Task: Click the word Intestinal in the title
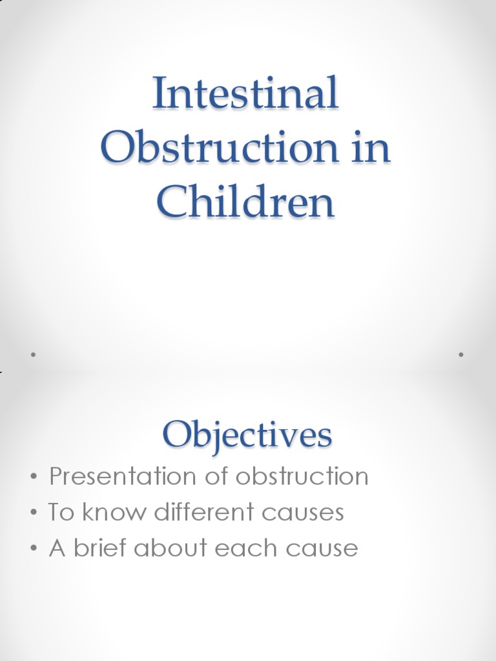[245, 93]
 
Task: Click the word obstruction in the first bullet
[302, 477]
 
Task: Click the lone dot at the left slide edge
[32, 354]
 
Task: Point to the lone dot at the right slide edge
[461, 354]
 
